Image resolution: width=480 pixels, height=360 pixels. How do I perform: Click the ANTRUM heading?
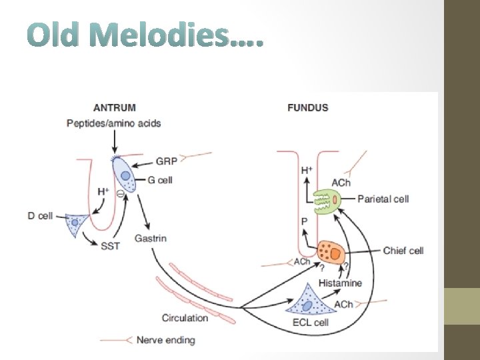[x=115, y=107]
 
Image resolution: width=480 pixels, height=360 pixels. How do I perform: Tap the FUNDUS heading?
[x=307, y=107]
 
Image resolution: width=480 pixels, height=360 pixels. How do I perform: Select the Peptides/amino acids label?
[x=114, y=123]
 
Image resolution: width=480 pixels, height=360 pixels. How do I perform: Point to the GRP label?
[x=166, y=161]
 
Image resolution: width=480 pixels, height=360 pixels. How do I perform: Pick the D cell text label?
[x=40, y=216]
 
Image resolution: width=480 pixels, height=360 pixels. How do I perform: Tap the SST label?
[x=110, y=246]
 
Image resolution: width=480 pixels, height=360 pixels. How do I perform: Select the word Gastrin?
[x=150, y=238]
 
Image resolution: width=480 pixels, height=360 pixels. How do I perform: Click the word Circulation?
[x=185, y=317]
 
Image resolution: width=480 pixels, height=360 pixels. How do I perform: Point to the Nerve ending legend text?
[x=165, y=340]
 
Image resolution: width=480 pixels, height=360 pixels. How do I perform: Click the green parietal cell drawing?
[x=327, y=199]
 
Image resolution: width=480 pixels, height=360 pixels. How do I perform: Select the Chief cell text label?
[x=403, y=251]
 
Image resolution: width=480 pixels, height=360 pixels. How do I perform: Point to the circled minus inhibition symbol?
[x=119, y=194]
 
